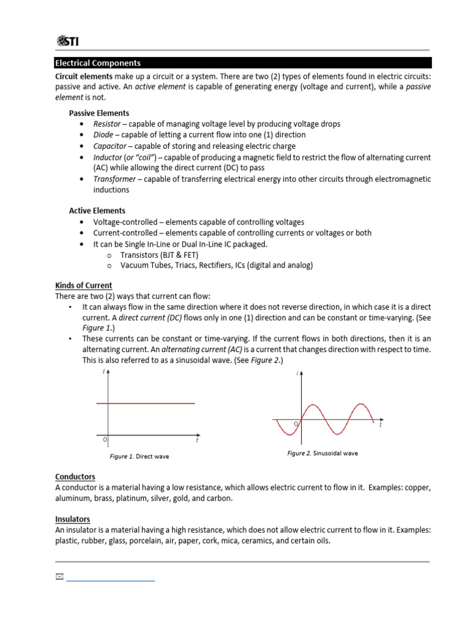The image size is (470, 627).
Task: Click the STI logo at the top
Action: click(x=67, y=42)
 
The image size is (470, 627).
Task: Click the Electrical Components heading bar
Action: click(x=243, y=63)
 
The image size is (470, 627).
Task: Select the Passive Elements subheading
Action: click(x=99, y=113)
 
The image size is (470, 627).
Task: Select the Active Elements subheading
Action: click(x=97, y=211)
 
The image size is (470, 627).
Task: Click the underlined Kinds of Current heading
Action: click(x=84, y=286)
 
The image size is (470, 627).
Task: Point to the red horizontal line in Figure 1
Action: click(x=146, y=404)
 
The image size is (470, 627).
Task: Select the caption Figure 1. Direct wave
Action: click(x=140, y=457)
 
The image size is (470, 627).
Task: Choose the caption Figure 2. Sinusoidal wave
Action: click(x=323, y=454)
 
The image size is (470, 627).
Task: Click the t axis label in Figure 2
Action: click(x=380, y=425)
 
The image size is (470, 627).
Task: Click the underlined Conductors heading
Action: click(x=75, y=476)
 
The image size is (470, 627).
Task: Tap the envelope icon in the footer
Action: click(x=59, y=576)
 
